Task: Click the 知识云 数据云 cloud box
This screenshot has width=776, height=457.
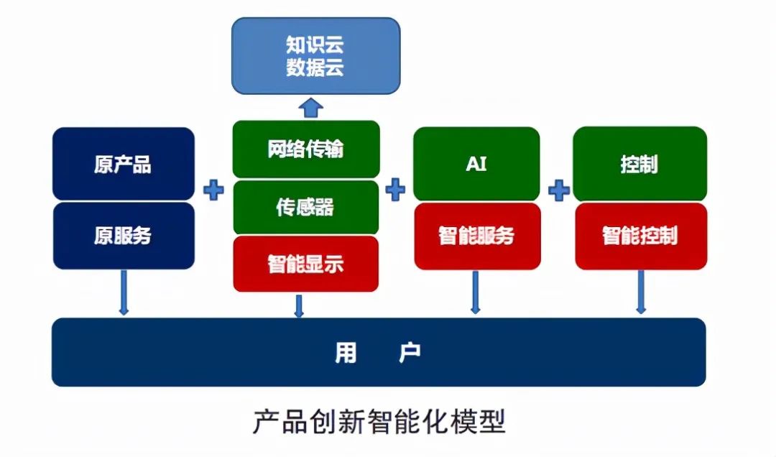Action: (x=315, y=56)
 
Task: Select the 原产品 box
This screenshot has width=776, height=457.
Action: (x=123, y=164)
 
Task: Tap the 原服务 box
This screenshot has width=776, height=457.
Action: (x=123, y=236)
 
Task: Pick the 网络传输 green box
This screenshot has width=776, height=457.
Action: (x=305, y=149)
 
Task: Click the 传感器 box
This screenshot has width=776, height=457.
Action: (x=305, y=207)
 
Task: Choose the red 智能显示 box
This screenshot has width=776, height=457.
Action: (x=305, y=264)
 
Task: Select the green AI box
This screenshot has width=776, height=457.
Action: (x=476, y=164)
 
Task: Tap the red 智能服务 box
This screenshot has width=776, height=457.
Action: (x=476, y=236)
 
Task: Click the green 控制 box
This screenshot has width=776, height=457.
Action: (x=639, y=164)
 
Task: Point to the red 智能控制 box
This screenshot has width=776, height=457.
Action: (x=639, y=236)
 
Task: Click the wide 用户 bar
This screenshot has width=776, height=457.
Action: (x=379, y=352)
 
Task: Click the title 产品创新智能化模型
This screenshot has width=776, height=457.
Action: (x=379, y=422)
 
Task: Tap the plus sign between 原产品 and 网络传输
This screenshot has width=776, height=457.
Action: (x=213, y=190)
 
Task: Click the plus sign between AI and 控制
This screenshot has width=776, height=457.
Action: (x=558, y=190)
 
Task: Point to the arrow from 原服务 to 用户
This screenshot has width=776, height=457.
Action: (x=124, y=292)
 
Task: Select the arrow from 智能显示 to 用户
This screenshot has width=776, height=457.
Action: (x=299, y=305)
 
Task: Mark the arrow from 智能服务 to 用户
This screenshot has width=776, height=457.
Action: (x=475, y=292)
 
